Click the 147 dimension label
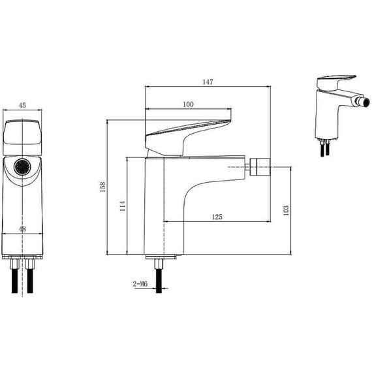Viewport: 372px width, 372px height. pos(208,82)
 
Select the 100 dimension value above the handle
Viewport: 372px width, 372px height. pos(188,104)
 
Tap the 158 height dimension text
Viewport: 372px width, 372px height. pos(102,187)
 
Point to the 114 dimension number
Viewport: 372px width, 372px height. pos(123,206)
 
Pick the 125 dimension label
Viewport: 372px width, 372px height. pos(217,217)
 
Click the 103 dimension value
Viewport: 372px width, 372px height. pos(287,210)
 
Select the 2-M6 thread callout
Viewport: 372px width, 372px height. pos(140,284)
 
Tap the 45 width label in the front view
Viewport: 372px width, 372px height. pos(22,105)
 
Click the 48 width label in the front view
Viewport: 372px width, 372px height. pos(22,229)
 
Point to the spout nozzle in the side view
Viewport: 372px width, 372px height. pos(260,167)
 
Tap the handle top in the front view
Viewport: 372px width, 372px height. pos(22,138)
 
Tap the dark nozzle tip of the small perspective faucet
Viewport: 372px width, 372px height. pos(365,102)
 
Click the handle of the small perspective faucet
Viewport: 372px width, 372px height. pos(337,82)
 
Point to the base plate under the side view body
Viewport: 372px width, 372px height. pos(161,257)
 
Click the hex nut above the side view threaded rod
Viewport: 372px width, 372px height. pos(159,264)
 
